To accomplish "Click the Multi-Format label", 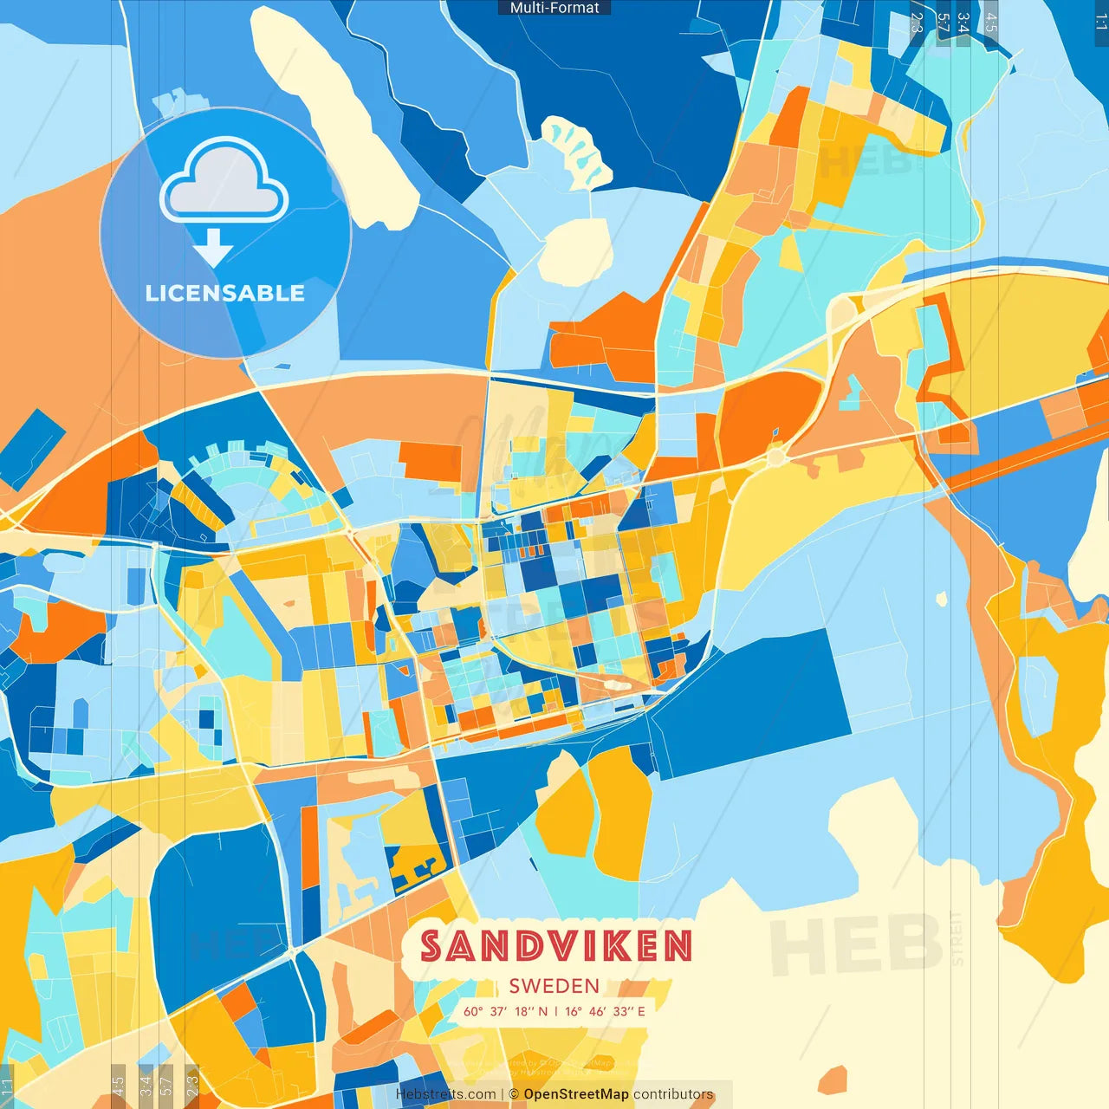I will coord(554,8).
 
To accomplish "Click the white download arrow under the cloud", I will coord(213,248).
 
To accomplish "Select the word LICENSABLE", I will coord(224,293).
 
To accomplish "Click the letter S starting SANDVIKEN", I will coord(433,946).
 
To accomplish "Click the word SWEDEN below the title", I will coord(554,986).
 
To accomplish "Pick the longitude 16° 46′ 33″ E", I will coord(606,1011).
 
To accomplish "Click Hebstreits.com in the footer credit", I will coord(446,1094).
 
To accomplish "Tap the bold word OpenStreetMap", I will coord(576,1094).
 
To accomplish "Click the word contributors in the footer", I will coord(673,1094).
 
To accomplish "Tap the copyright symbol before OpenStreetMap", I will coord(514,1094).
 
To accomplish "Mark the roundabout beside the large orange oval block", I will coord(775,457).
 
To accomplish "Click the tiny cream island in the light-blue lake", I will coord(942,598).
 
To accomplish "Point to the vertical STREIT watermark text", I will coord(957,939).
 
